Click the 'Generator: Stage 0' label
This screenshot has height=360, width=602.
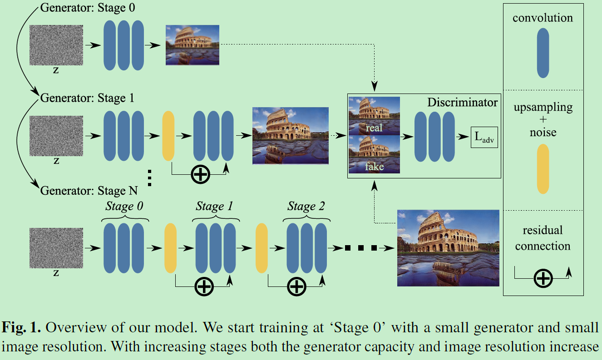(x=88, y=8)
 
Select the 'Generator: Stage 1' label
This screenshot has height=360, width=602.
(x=88, y=98)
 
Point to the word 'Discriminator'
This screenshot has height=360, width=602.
(x=462, y=103)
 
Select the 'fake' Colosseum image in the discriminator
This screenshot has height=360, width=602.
(x=374, y=154)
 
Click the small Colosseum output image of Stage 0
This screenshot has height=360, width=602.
(x=192, y=44)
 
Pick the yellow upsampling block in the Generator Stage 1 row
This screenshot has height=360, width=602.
(x=168, y=136)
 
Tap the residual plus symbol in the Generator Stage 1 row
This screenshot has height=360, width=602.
(x=200, y=174)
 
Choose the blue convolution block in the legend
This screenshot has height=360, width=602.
(x=543, y=53)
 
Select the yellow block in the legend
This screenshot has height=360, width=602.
(x=543, y=169)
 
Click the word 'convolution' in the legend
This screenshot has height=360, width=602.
(x=543, y=18)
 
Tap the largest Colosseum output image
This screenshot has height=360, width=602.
(x=448, y=248)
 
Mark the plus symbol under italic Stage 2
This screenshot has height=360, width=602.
(x=297, y=286)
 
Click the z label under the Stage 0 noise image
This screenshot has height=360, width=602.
(x=56, y=70)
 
